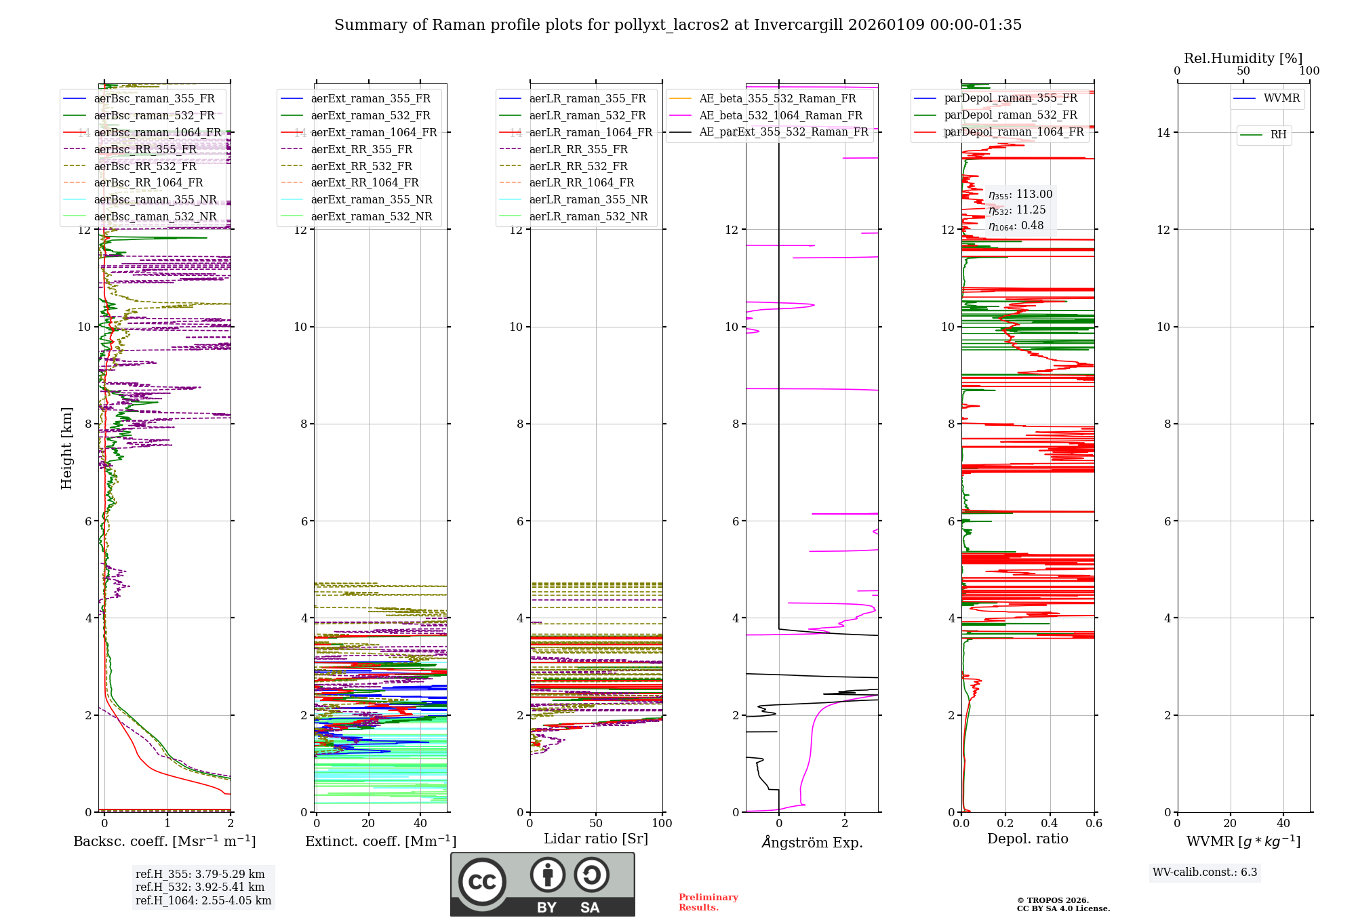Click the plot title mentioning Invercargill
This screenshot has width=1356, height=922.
[x=678, y=25]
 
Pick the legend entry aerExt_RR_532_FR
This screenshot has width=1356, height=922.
[x=361, y=166]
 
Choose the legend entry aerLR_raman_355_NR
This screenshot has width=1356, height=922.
[x=589, y=199]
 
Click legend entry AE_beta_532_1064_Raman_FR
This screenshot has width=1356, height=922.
[x=780, y=115]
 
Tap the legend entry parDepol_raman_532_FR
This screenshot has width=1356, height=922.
[x=1010, y=115]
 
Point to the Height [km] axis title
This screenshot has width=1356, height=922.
[x=66, y=447]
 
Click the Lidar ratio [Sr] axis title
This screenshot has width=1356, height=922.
[x=596, y=839]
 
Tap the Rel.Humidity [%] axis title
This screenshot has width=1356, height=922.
[x=1243, y=58]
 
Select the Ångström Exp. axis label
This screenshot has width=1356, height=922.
[x=812, y=842]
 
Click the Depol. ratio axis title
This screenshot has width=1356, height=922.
[x=1027, y=839]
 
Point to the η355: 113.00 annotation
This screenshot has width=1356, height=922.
[x=1020, y=195]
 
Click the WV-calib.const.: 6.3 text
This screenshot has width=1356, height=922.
[x=1205, y=873]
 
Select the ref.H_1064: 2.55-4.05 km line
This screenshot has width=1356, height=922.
[x=203, y=900]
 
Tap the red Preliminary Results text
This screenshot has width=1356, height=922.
[x=708, y=902]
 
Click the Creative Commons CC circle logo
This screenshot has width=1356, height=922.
[x=482, y=882]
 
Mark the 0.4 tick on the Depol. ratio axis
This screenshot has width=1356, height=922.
[x=1050, y=824]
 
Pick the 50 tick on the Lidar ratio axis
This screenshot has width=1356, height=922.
[x=596, y=824]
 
